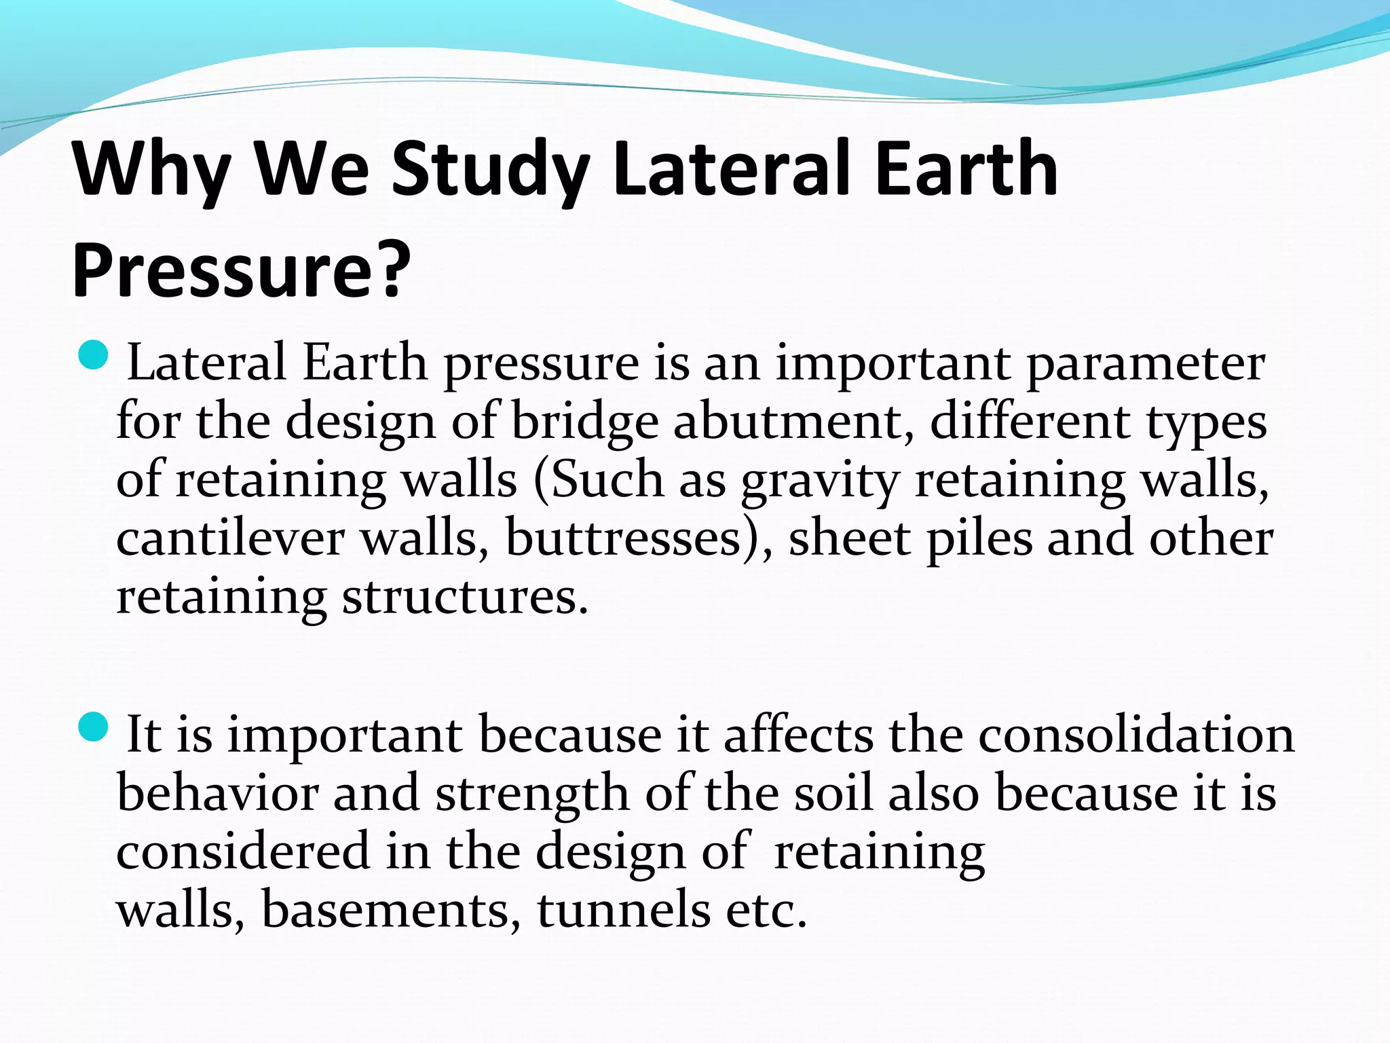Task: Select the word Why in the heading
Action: pos(152,170)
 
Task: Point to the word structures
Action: pos(465,598)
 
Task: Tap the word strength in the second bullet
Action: pos(532,794)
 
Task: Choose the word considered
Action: pos(243,852)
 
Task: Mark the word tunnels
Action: pos(624,910)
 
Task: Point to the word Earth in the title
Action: pos(966,170)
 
